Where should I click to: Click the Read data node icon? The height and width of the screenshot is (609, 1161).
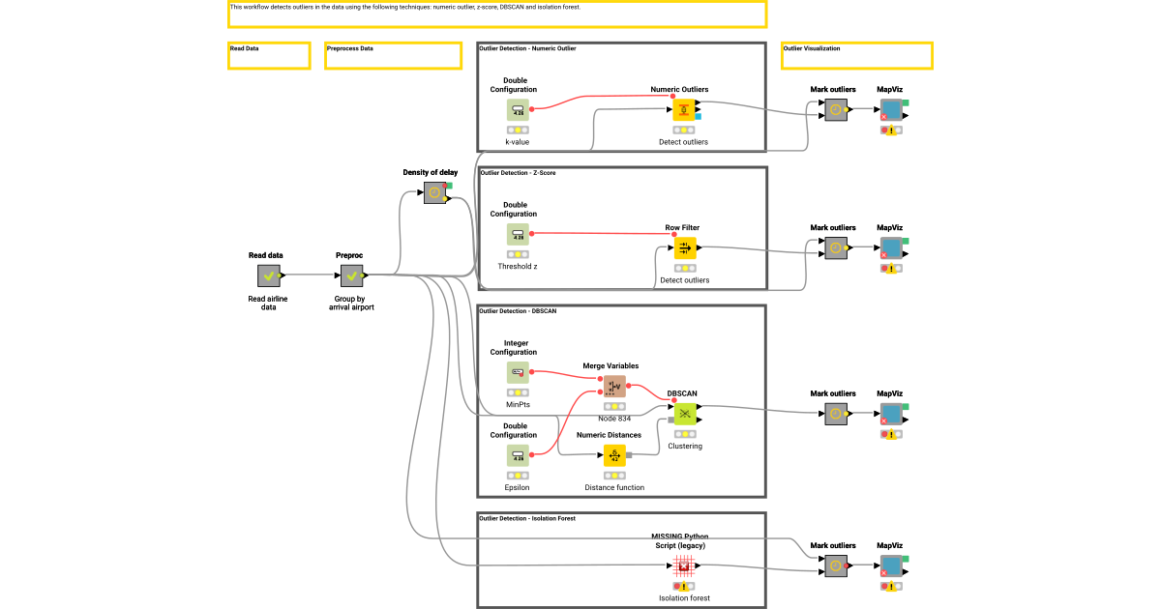[x=268, y=275]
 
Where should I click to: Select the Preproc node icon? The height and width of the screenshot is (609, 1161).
[x=351, y=275]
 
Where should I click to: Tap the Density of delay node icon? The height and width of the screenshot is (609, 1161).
[x=434, y=193]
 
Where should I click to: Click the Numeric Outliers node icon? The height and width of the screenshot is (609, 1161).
[x=684, y=110]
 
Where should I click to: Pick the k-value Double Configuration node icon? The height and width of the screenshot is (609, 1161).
[x=518, y=110]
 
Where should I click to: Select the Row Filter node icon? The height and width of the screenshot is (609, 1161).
[x=684, y=248]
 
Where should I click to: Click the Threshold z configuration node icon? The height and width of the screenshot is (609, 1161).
[x=518, y=234]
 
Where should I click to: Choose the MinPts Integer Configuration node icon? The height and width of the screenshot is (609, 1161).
[x=518, y=372]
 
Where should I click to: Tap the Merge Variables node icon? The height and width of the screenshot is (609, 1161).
[x=614, y=387]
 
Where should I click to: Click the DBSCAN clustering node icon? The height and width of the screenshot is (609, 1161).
[x=684, y=414]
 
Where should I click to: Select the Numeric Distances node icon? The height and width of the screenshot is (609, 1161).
[x=614, y=455]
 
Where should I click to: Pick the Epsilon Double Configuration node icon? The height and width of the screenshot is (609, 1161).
[x=518, y=455]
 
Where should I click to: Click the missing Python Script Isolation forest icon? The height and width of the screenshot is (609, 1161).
[x=684, y=565]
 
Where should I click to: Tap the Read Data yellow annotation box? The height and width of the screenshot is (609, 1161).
[x=269, y=56]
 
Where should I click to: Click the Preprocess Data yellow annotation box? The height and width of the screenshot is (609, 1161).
[x=393, y=56]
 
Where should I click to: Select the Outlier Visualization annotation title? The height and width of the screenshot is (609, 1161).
[x=812, y=48]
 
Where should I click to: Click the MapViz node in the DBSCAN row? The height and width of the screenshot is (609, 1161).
[x=890, y=414]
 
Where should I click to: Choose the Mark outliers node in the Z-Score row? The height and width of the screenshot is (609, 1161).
[x=835, y=248]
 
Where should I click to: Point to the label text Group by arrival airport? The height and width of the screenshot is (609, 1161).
[x=351, y=304]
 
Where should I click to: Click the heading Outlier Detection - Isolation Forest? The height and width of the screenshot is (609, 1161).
[x=527, y=518]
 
